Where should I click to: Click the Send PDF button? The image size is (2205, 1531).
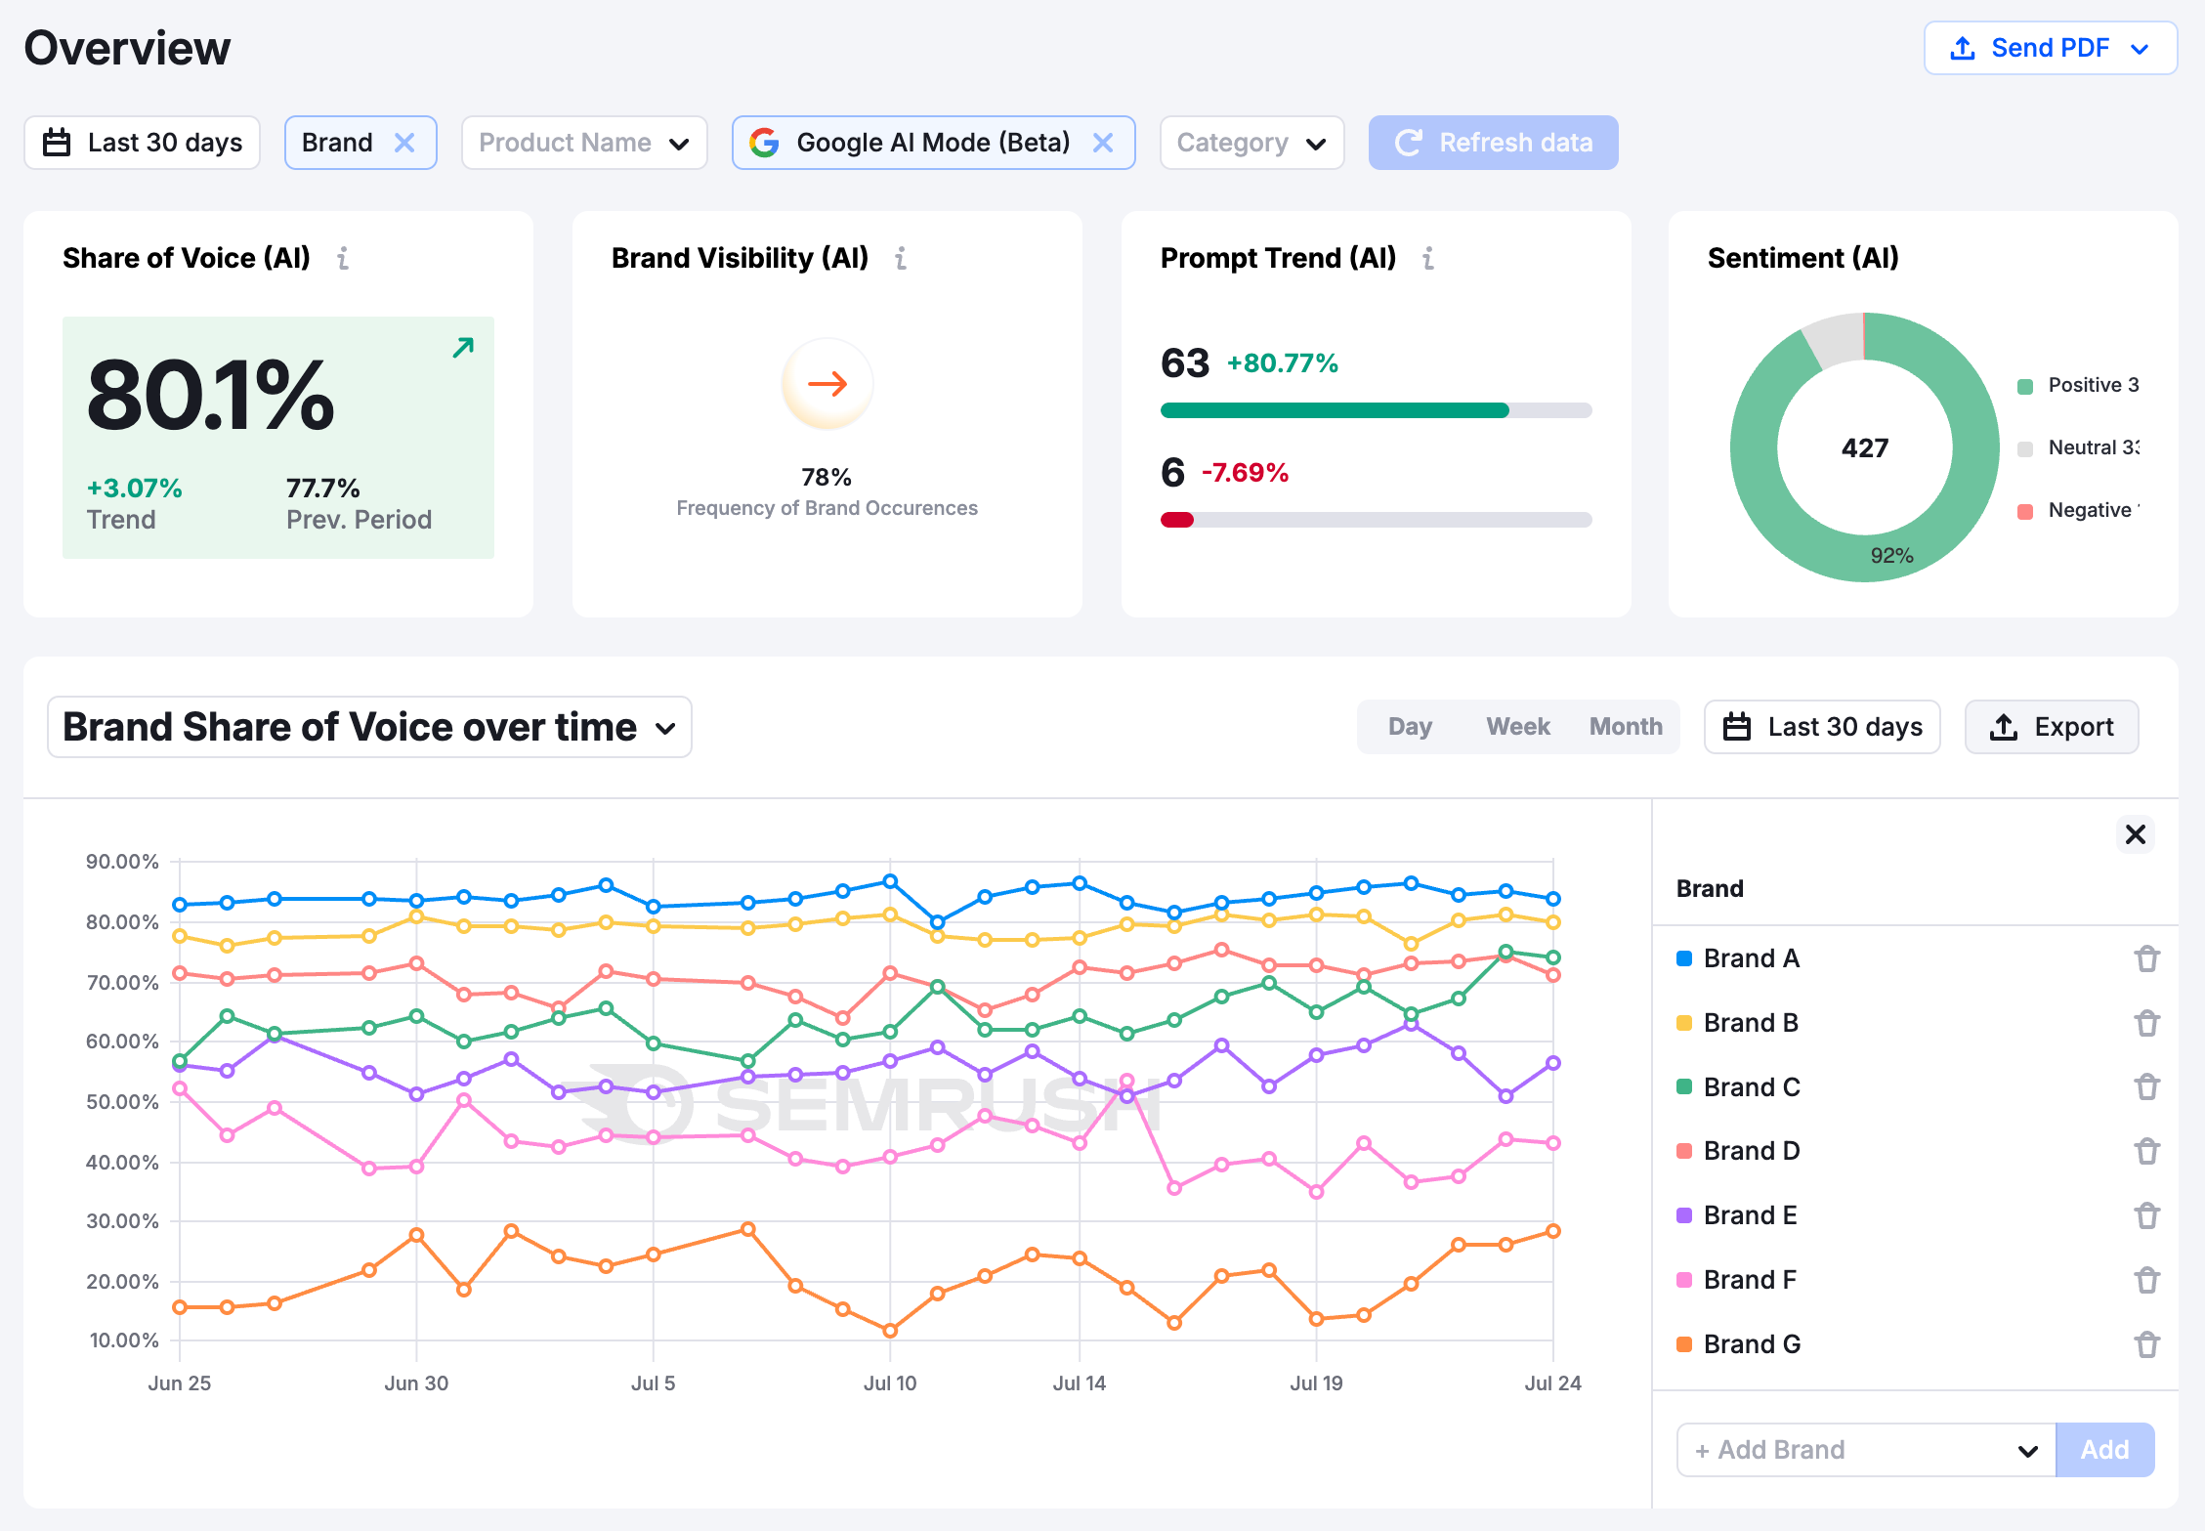[x=2049, y=48]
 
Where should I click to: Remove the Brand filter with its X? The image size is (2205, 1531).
[x=404, y=143]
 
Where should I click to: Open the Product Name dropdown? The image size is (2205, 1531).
[x=583, y=143]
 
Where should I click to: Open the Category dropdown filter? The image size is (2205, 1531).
[x=1251, y=143]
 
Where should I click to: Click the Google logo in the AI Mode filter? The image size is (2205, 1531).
[x=764, y=143]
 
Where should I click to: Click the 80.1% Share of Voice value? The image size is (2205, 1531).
[x=211, y=395]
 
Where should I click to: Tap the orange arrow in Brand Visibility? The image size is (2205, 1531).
[x=827, y=384]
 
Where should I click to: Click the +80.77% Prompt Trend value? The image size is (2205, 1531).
[x=1282, y=363]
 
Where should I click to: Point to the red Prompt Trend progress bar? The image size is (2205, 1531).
[x=1177, y=520]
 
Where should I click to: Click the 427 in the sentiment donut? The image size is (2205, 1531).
[x=1864, y=448]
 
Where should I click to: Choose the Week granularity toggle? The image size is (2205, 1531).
[x=1517, y=727]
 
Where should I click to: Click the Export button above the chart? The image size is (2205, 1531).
[x=2051, y=727]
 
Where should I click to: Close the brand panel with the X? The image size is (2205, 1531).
[x=2135, y=834]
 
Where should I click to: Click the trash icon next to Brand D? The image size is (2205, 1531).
[x=2146, y=1151]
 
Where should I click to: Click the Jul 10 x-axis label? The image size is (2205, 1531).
[x=889, y=1383]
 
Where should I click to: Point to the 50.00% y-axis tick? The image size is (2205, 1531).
[x=122, y=1102]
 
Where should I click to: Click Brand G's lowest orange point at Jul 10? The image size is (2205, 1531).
[x=890, y=1331]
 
